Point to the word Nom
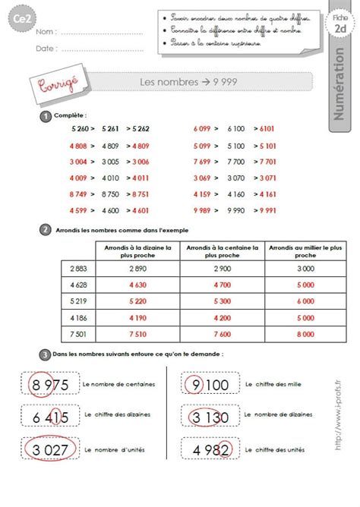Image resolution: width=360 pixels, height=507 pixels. pyautogui.click(x=46, y=32)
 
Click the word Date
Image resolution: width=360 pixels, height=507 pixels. pyautogui.click(x=46, y=48)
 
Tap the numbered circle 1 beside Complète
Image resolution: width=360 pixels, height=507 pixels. pyautogui.click(x=46, y=115)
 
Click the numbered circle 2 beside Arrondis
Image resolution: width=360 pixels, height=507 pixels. pyautogui.click(x=46, y=229)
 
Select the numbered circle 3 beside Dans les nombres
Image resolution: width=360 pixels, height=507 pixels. pyautogui.click(x=46, y=354)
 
